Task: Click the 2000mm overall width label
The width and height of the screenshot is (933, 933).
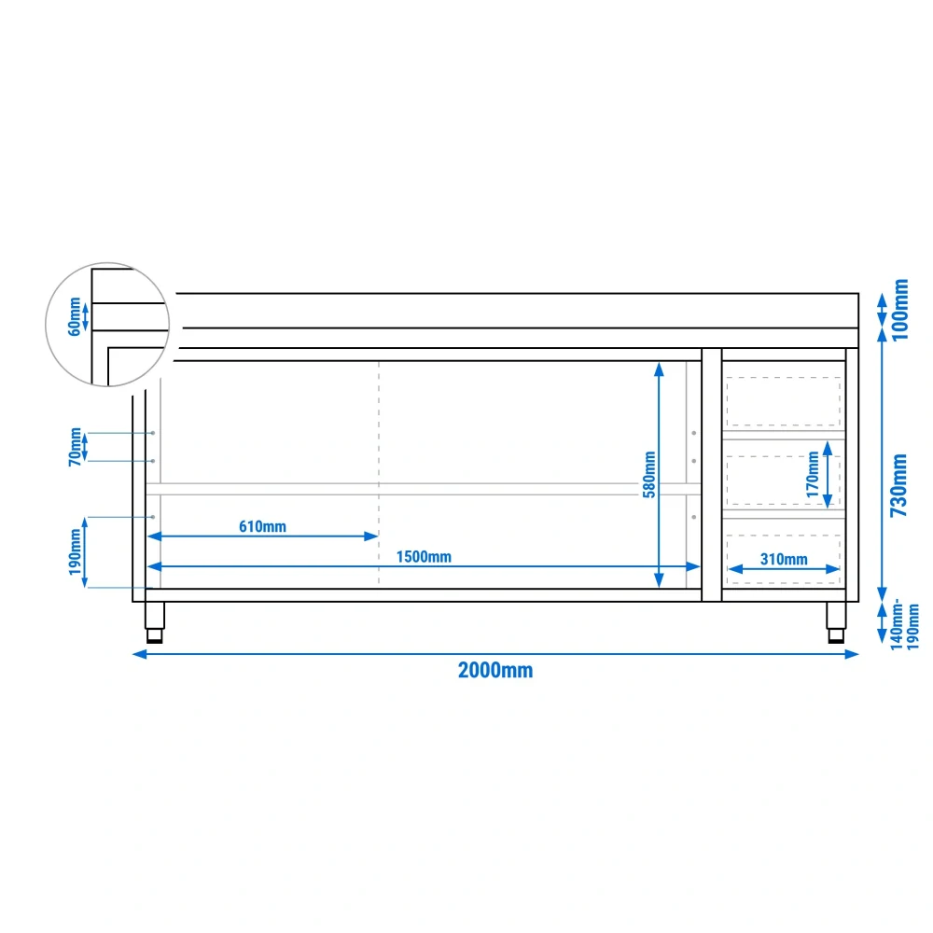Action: (x=495, y=670)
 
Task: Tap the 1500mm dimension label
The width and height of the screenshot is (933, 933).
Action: (x=424, y=557)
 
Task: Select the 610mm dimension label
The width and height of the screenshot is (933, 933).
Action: (x=262, y=526)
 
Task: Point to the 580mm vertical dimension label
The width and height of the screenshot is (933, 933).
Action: (x=649, y=474)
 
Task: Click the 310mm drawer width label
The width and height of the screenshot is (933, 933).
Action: (x=784, y=559)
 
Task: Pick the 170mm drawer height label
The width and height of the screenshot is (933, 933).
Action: (x=813, y=474)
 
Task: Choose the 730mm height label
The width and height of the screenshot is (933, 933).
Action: (x=898, y=485)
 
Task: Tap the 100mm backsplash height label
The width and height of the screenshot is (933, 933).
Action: (x=900, y=310)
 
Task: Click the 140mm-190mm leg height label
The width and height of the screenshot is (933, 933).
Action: (x=904, y=624)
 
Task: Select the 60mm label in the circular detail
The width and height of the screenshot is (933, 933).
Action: (x=74, y=316)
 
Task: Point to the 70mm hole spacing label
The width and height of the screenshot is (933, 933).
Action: (x=75, y=447)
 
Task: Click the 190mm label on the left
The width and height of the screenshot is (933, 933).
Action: (x=75, y=552)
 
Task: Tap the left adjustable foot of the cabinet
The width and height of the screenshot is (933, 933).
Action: (x=155, y=622)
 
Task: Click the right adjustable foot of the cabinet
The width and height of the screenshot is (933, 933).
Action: (x=836, y=622)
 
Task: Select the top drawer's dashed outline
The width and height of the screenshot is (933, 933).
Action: (x=783, y=401)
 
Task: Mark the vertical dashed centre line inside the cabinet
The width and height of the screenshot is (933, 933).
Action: (x=379, y=474)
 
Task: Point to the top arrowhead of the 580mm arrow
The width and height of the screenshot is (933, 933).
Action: (x=659, y=369)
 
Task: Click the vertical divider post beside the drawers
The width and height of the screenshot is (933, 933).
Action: (x=712, y=475)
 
